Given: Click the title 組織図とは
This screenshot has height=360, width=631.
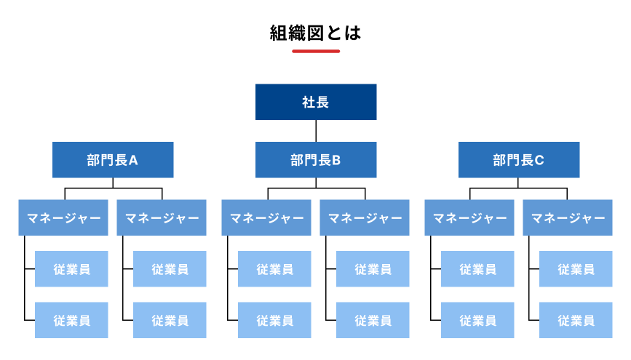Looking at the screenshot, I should (x=315, y=33).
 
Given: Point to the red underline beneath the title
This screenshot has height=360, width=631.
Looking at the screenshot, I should (x=315, y=51).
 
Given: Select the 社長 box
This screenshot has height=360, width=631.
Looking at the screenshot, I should (x=315, y=102).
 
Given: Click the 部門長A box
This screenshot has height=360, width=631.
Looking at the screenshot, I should (x=113, y=160).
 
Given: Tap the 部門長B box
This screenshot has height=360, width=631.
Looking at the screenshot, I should (x=315, y=160).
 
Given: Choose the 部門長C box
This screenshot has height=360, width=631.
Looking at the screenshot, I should (x=518, y=160).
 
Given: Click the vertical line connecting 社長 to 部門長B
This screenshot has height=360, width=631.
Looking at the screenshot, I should (x=316, y=131).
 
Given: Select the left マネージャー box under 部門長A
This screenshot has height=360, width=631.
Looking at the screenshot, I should (x=63, y=217).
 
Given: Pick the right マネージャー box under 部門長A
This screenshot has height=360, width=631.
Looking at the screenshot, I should (x=162, y=217).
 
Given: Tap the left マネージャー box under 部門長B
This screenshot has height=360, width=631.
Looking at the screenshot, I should (x=266, y=217).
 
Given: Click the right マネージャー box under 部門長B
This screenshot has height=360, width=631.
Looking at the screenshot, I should (x=365, y=217).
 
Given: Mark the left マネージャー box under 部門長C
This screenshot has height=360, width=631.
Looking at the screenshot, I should (x=469, y=217).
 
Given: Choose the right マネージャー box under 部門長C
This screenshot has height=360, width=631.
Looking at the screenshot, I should (x=568, y=217).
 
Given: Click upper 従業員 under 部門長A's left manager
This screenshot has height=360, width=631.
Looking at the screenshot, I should (x=71, y=269).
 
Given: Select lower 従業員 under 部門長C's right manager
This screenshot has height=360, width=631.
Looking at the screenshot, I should (x=576, y=320).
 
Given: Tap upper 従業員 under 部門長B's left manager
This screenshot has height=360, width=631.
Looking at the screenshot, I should (x=274, y=269).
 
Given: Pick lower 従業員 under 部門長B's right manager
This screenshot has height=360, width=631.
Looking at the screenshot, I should (x=373, y=320).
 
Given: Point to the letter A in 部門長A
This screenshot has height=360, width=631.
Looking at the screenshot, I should (x=133, y=160).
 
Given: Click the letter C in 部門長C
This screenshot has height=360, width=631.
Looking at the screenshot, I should (x=539, y=160).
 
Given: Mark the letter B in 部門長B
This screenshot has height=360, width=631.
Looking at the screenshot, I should (x=336, y=160).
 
